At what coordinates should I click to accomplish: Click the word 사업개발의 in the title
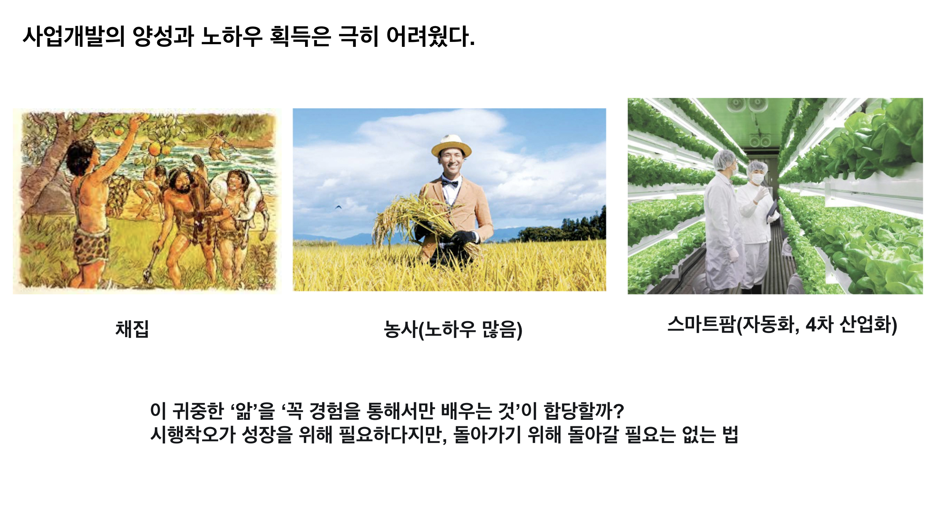[x=74, y=37]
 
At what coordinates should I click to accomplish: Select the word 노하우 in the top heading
[x=232, y=37]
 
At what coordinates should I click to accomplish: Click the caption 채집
[x=132, y=329]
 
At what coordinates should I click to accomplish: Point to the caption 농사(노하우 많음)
[x=453, y=330]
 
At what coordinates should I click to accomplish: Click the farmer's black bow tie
[x=450, y=183]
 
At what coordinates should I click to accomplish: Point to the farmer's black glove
[x=464, y=237]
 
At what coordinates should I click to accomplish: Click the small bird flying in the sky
[x=338, y=207]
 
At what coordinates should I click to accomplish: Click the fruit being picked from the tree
[x=119, y=131]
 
